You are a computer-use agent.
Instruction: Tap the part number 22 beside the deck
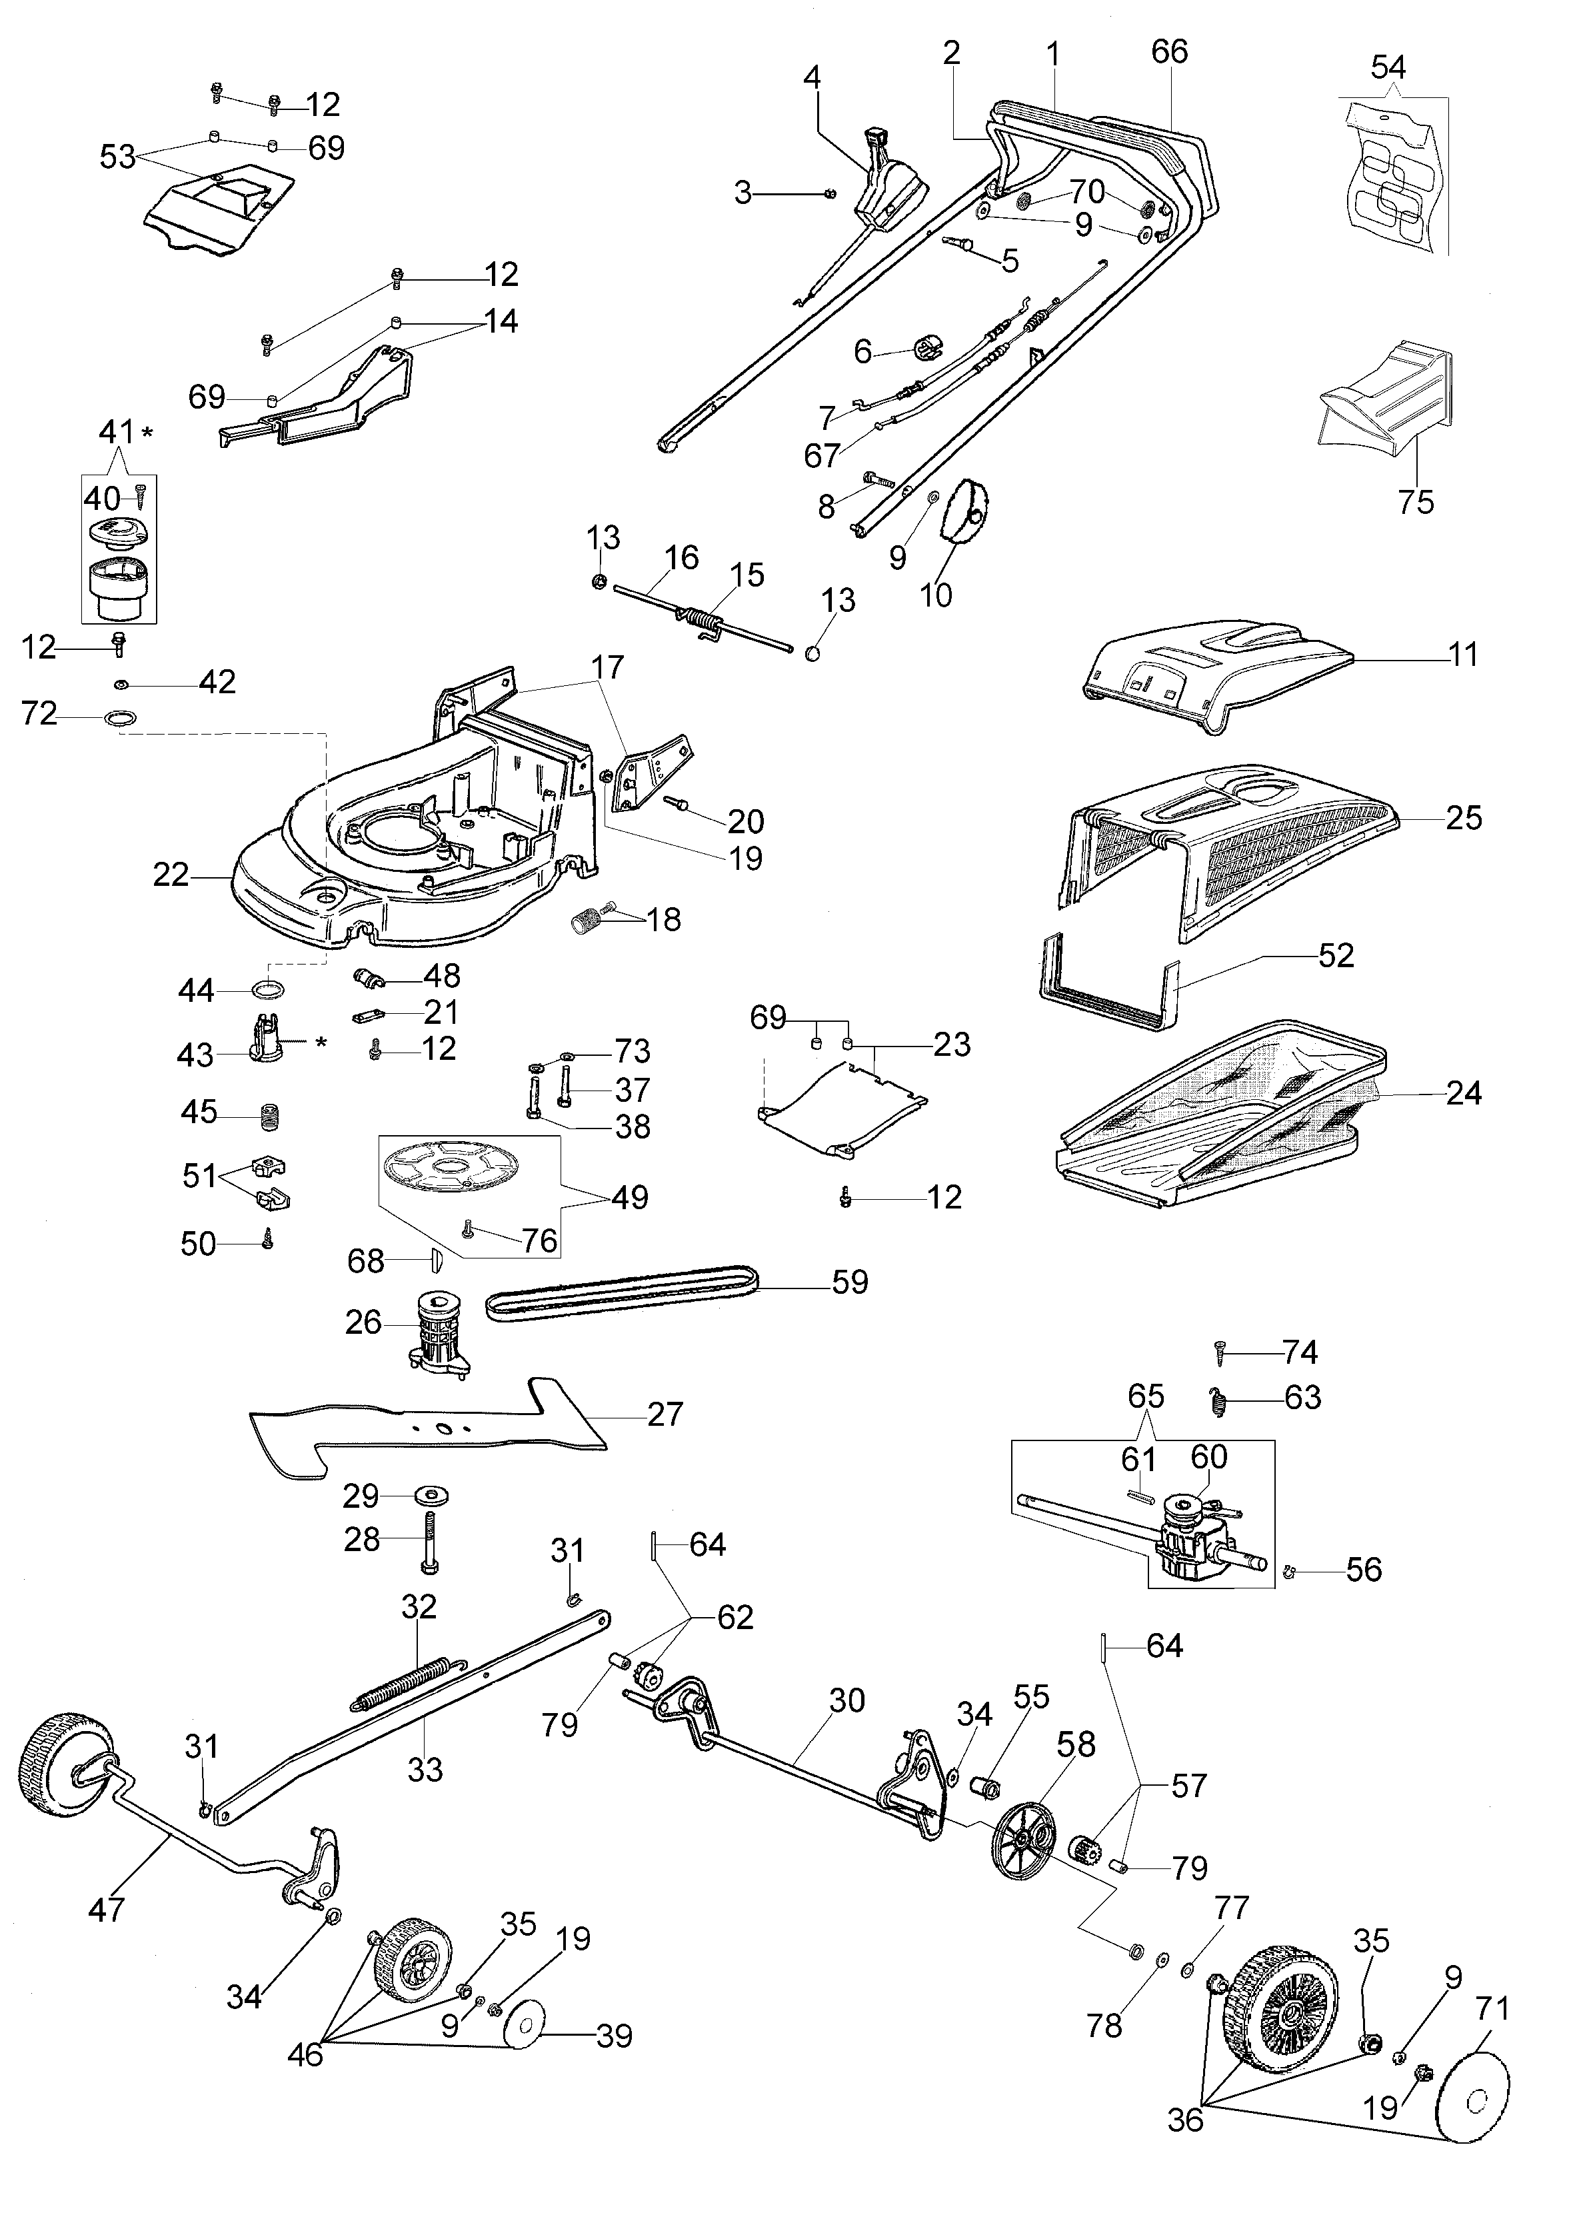[171, 875]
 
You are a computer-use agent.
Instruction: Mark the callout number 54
[1388, 67]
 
